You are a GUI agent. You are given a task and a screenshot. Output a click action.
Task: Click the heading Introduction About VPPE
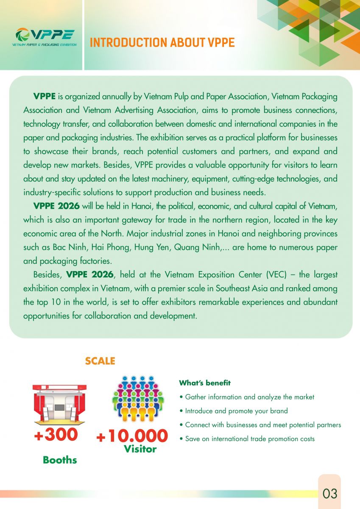162,43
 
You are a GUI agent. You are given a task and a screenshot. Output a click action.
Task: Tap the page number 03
329,493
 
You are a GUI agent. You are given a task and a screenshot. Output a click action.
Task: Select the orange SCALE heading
100,361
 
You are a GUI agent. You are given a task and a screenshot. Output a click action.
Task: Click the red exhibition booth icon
59,404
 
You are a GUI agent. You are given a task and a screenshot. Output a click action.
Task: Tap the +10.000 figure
132,436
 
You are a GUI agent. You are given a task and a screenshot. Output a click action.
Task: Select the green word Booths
60,460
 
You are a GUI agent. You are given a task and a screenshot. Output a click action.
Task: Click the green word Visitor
140,449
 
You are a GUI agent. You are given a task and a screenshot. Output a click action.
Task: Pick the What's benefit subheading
205,383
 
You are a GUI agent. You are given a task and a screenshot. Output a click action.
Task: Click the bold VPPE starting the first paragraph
44,96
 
